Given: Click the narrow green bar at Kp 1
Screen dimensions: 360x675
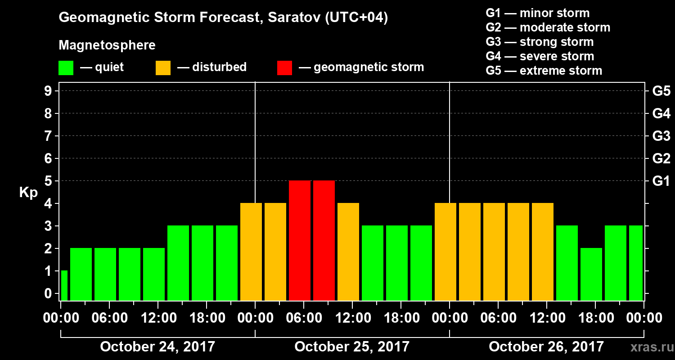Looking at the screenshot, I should click(x=64, y=285).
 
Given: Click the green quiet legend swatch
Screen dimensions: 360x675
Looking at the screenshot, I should click(x=66, y=68).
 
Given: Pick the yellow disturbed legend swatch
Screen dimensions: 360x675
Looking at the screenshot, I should click(x=163, y=68).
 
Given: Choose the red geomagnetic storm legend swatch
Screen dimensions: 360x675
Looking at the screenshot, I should click(x=284, y=68).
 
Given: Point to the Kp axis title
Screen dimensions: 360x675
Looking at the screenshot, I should click(x=28, y=192).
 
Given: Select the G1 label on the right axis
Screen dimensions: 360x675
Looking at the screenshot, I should click(x=661, y=181).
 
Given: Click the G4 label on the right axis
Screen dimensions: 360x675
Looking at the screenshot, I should click(x=661, y=114).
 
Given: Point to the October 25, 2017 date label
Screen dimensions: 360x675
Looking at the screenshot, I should click(x=352, y=346).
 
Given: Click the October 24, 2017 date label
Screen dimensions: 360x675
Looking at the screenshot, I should click(x=157, y=346).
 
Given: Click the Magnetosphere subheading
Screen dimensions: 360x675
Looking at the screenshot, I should click(x=107, y=45).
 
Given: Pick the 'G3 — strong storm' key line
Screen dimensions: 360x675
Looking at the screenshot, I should click(x=540, y=42).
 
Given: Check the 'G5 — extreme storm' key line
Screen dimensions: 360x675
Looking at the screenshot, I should click(x=544, y=71).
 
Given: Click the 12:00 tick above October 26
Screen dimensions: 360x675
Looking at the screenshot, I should click(x=547, y=318).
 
